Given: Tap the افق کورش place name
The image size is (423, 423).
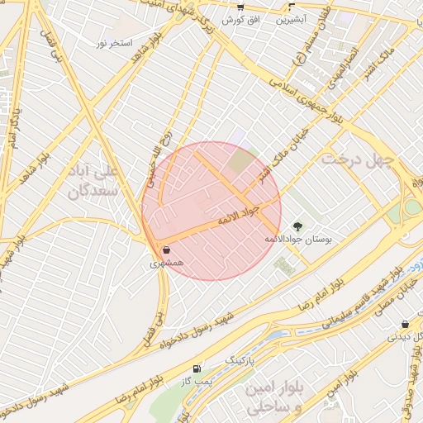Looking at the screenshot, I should (240, 18).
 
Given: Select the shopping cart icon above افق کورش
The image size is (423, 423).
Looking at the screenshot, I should (240, 7).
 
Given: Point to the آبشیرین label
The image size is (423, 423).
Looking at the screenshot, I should (290, 18).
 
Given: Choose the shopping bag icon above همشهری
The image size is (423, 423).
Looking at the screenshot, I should (167, 250).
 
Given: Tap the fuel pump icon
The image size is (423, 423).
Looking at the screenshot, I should (196, 368).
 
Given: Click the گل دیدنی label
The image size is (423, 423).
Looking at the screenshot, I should (405, 337).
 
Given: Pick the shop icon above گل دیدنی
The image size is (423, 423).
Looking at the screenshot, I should (405, 325).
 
